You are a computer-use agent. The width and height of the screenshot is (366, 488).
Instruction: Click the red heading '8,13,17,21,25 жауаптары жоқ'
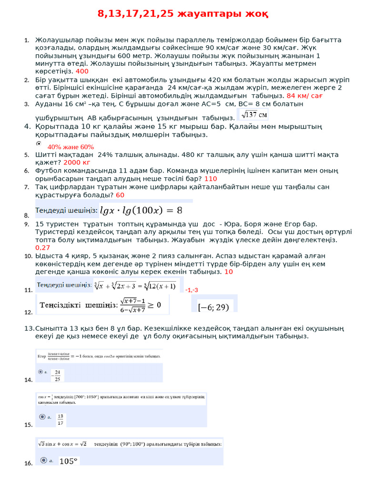point(183,14)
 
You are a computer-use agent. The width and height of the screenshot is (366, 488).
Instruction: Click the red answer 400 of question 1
point(82,71)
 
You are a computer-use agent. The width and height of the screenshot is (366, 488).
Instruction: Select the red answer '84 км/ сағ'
point(305,95)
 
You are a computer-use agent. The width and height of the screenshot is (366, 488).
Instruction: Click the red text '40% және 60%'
point(71,147)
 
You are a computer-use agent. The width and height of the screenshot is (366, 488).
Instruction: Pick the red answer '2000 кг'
point(77,162)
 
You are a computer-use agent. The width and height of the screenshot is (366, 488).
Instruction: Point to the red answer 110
point(211,178)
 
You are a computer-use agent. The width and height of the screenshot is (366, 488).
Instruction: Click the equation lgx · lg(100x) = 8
point(141,210)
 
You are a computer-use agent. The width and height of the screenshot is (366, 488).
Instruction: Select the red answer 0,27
point(42,247)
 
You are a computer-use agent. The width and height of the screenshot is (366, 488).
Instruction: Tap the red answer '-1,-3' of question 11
point(192,290)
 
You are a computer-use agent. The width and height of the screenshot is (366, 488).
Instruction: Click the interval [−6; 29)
point(213,307)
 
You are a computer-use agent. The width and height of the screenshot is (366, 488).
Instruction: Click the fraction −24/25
point(57,375)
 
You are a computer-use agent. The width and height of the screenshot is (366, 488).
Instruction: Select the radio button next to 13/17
point(42,417)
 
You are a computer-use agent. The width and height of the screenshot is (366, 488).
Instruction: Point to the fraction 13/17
point(60,419)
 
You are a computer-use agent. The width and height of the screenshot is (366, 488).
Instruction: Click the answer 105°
point(68,461)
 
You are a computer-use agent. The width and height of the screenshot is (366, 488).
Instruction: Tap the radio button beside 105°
point(44,460)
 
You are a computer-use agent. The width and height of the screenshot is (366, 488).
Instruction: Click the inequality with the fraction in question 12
point(100,305)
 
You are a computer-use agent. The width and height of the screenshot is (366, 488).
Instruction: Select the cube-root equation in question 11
point(135,286)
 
